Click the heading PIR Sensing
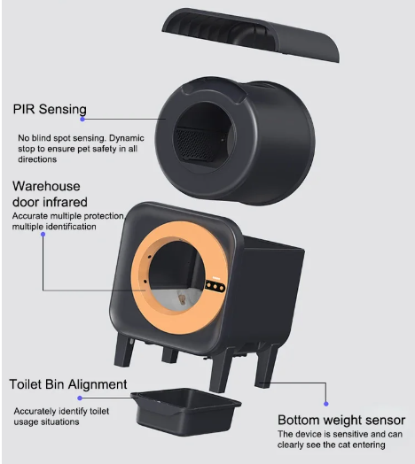pyautogui.click(x=50, y=109)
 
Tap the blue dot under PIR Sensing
pyautogui.click(x=82, y=119)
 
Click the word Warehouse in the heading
pyautogui.click(x=46, y=186)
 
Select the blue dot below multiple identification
pyautogui.click(x=43, y=235)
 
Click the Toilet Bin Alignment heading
pyautogui.click(x=68, y=384)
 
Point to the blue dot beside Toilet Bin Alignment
pyautogui.click(x=80, y=398)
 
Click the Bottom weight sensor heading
pyautogui.click(x=341, y=420)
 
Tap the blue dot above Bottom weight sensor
pyautogui.click(x=326, y=404)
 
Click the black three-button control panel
pyautogui.click(x=215, y=286)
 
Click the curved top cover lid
pyautogui.click(x=251, y=34)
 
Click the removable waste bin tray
pyautogui.click(x=186, y=412)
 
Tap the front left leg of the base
pyautogui.click(x=124, y=349)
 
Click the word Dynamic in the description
pyautogui.click(x=127, y=138)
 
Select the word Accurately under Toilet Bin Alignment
pyautogui.click(x=35, y=412)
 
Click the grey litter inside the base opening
pyautogui.click(x=177, y=299)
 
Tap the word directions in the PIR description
pyautogui.click(x=37, y=159)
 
